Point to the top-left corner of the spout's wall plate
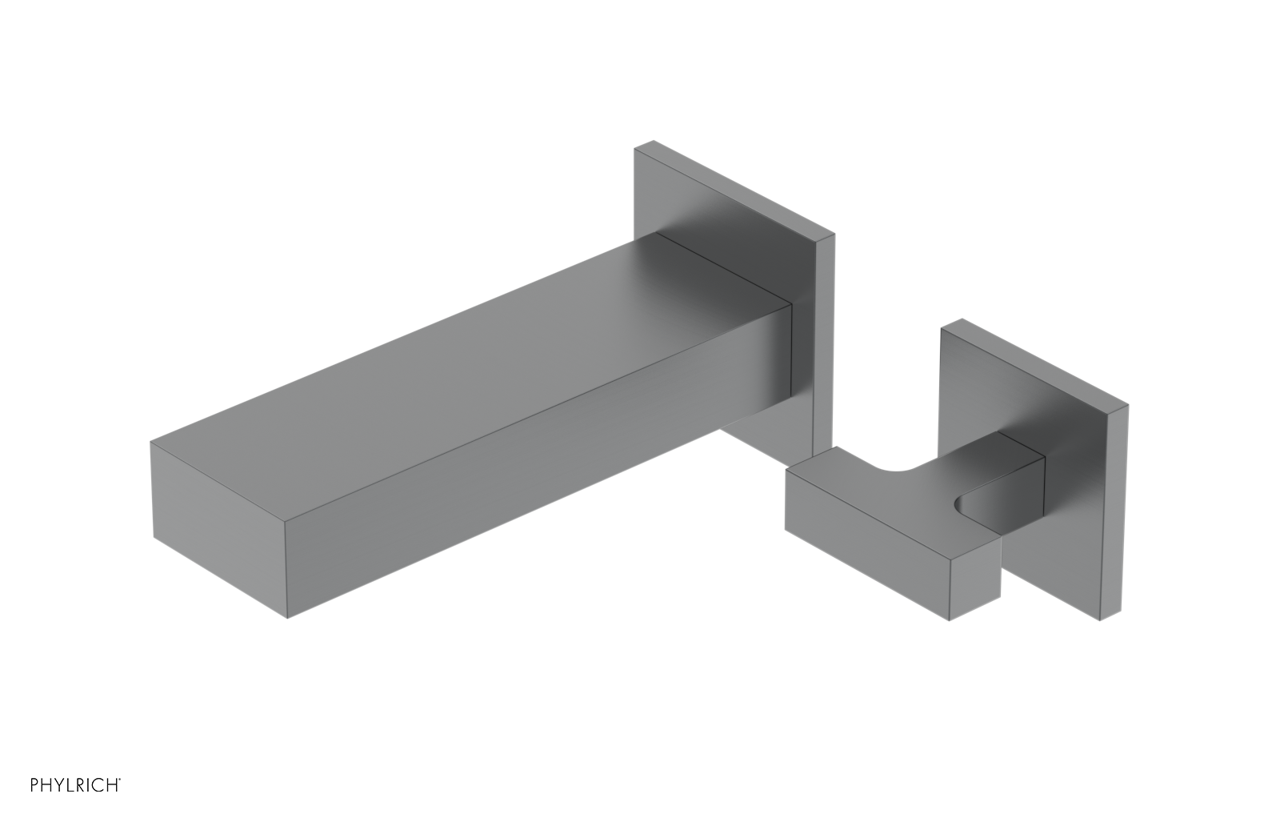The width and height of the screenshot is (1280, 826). click(x=638, y=146)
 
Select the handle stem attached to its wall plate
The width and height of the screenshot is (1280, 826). click(x=1020, y=480)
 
